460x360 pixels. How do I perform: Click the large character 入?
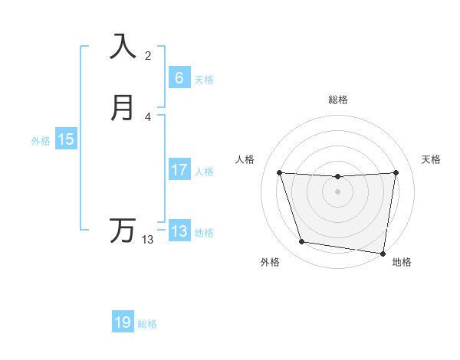coord(123,46)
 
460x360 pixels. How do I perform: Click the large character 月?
coord(123,108)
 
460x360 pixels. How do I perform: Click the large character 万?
coord(123,230)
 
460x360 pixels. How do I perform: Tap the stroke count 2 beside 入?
coord(148,56)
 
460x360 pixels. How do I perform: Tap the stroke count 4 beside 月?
coord(148,117)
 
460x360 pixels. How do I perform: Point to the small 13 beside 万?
coord(148,240)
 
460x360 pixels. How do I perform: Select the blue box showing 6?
coord(179,77)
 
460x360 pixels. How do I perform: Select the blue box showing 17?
coord(179,170)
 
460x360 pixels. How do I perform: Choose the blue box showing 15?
coord(66,139)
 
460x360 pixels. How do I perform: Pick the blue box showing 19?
coord(123,322)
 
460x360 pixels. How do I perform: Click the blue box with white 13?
coord(179,231)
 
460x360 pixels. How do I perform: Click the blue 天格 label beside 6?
coord(204,79)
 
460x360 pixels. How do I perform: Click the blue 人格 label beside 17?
coord(204,172)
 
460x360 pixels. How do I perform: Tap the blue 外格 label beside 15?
coord(41,141)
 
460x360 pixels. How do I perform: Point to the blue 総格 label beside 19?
coord(147,324)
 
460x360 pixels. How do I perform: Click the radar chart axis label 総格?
coord(338,100)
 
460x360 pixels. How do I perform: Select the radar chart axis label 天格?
coord(431,159)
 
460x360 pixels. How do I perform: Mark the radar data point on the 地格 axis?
coord(383,253)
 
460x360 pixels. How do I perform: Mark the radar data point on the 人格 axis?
coord(279,173)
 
